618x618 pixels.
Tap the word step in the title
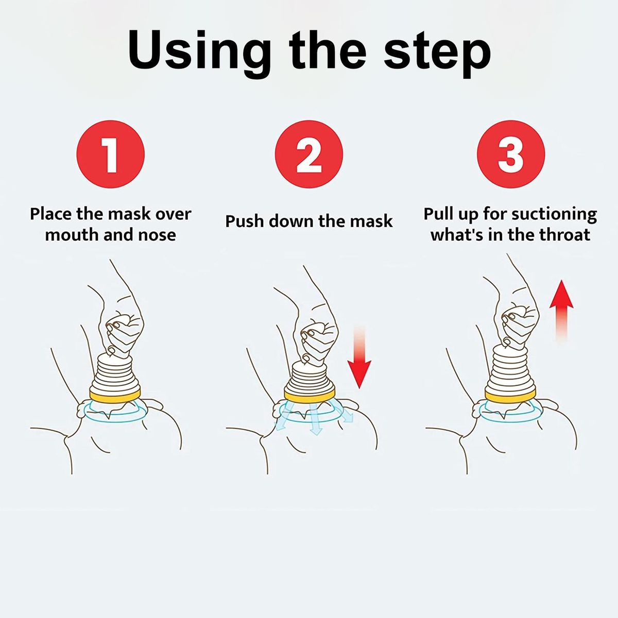pos(437,53)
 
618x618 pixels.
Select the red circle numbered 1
pos(111,154)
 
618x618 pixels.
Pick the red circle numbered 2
pos(309,154)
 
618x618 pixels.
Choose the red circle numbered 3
pos(511,154)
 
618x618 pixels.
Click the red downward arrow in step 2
pos(359,356)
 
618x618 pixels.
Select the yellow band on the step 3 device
pos(510,396)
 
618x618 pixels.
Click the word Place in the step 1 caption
pos(51,214)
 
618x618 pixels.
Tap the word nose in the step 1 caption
pos(157,235)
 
